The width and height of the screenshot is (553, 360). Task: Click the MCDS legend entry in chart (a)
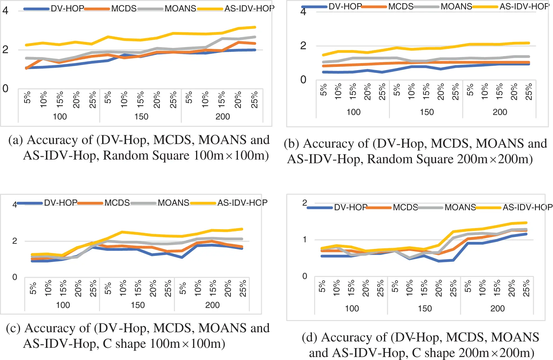coord(124,8)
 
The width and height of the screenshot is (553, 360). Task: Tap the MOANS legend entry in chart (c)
coord(173,203)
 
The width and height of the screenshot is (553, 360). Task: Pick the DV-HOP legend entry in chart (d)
coord(350,207)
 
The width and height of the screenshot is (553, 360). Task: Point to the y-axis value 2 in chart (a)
coord(5,50)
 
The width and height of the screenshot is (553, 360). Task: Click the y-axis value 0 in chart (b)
coord(303,80)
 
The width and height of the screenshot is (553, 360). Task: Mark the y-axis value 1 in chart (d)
coord(305,240)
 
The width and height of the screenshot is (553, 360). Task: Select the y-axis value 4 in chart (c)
coord(15,205)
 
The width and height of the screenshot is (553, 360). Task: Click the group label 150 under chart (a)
coord(141,117)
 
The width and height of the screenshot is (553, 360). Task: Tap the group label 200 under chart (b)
coord(500,112)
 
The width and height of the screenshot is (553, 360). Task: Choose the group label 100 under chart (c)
coord(63,305)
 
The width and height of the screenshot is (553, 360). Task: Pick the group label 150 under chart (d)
coord(425,309)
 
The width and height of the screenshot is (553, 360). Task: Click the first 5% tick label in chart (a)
coord(27,97)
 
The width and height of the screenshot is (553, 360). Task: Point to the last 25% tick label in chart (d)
coord(526,288)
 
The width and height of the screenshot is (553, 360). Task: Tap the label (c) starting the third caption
coord(13,328)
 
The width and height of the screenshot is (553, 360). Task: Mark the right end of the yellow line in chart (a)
coord(255,27)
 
